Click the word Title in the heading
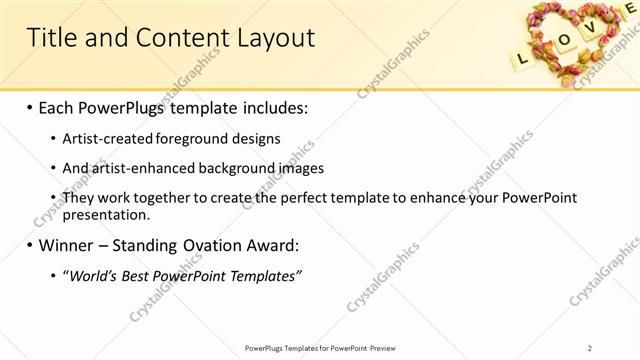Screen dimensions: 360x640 [51, 38]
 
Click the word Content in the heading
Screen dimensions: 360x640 [178, 38]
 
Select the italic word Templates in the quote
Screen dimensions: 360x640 [264, 276]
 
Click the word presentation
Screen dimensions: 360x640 [106, 213]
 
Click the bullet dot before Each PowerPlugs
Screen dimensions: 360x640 [30, 107]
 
